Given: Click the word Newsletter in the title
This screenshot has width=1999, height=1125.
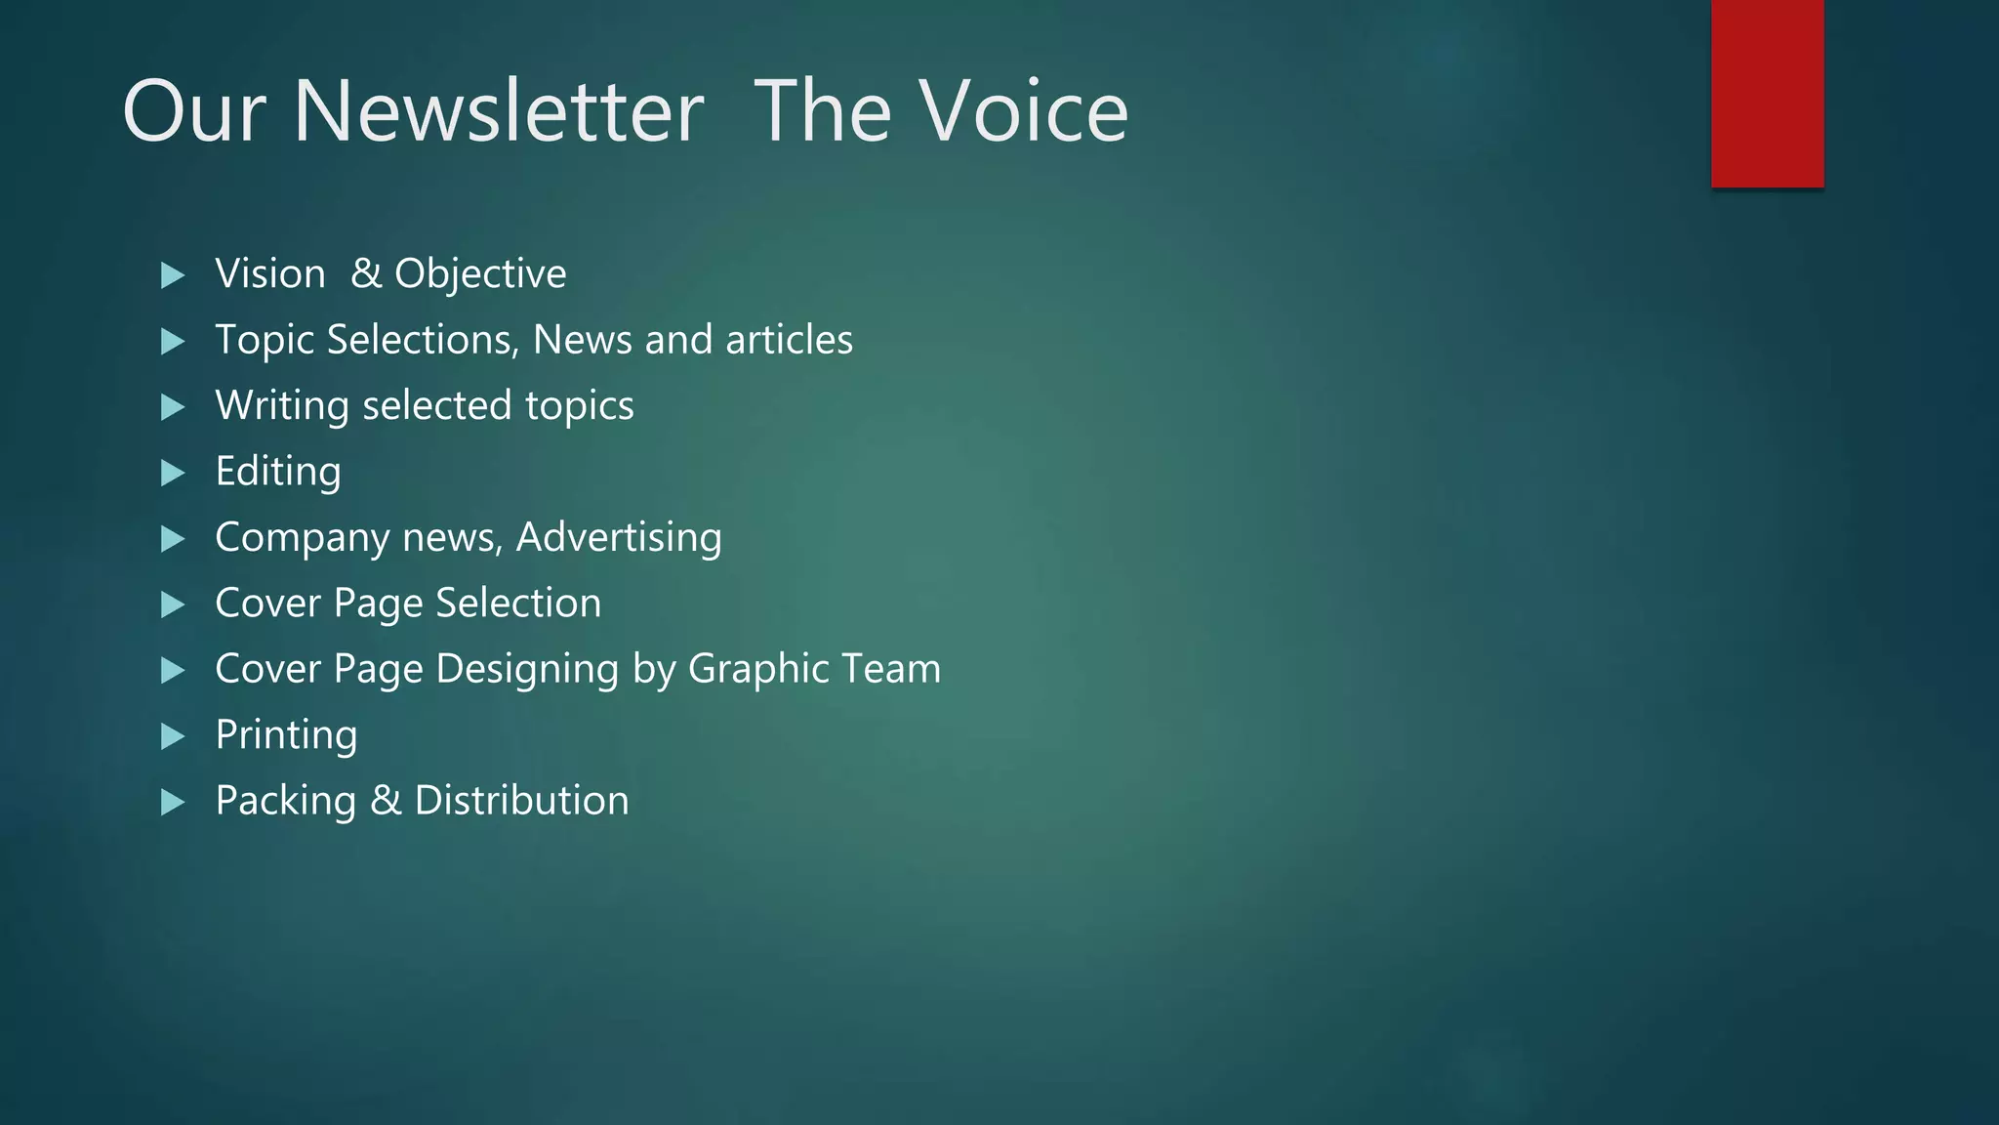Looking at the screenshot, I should pos(498,111).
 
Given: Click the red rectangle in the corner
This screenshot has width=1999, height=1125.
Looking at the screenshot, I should pos(1767,93).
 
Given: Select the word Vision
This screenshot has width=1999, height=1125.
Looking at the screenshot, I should pos(270,273).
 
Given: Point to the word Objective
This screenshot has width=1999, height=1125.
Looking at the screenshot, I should pos(480,274).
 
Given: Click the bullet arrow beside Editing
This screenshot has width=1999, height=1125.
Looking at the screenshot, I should pos(173,473).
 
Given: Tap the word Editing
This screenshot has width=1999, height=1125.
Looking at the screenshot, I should pos(278,472).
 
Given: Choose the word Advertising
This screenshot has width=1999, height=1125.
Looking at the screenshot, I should pos(619,538).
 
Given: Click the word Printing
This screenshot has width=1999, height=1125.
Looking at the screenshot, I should pos(286,735).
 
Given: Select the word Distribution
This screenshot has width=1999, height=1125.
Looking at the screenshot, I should pos(521,801).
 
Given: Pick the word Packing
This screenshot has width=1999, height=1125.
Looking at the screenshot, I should pos(285,802).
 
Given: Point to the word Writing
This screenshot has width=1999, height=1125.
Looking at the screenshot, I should pos(282,406).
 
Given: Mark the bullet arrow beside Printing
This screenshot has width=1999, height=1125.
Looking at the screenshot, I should pos(173,736).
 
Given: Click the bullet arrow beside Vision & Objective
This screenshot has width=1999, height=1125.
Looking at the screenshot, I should pos(173,275).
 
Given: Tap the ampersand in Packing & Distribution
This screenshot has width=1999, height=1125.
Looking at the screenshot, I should pos(386,801).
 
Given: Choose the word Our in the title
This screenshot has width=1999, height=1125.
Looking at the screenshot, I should pos(193,111).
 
